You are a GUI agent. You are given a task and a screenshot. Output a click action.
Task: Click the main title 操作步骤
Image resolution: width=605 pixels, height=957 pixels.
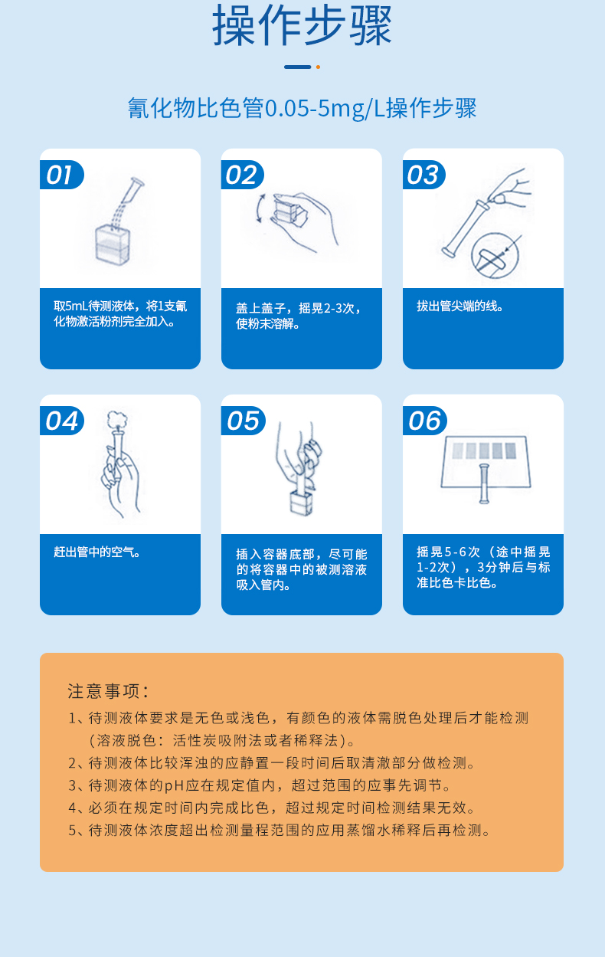[x=302, y=27]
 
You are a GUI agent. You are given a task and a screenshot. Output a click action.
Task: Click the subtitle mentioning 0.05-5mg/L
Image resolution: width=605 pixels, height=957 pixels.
[x=302, y=108]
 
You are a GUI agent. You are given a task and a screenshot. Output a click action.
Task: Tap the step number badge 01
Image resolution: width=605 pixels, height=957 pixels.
[x=60, y=175]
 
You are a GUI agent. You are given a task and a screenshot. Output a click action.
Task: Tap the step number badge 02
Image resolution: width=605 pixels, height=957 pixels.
[x=241, y=175]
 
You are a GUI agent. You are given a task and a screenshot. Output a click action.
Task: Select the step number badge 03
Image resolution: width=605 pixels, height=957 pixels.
[x=423, y=175]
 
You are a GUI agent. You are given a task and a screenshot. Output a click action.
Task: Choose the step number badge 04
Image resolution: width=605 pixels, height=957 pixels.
[x=61, y=421]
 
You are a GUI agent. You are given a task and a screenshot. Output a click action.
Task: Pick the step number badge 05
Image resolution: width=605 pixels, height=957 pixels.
[x=243, y=421]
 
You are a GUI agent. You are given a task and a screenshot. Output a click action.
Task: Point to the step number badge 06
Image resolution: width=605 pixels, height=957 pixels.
[x=424, y=421]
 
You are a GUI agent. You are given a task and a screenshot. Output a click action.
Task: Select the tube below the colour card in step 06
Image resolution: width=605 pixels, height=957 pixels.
[x=483, y=483]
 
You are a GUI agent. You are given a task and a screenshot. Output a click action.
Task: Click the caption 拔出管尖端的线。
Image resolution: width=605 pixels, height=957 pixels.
[x=460, y=306]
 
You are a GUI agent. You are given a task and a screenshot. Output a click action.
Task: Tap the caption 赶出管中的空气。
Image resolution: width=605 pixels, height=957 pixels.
[x=97, y=552]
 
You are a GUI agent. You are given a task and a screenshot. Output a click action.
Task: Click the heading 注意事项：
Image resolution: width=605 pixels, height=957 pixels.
[x=108, y=690]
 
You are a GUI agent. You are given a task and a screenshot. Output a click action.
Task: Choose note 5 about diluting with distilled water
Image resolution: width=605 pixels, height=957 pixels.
[x=279, y=830]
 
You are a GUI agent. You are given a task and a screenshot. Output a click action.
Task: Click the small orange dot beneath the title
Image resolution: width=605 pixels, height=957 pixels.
[x=318, y=67]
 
